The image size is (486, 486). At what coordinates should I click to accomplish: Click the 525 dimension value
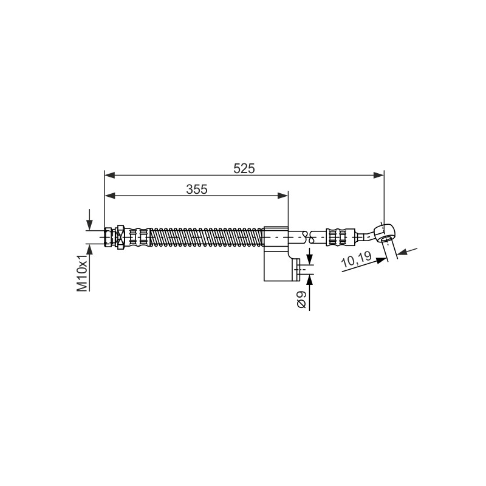(244, 168)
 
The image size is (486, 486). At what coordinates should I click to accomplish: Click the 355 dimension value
(196, 189)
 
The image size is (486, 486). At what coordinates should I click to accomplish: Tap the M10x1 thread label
(82, 274)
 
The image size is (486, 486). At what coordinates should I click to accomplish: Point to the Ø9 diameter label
(301, 299)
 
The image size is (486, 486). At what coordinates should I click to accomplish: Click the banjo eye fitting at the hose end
(384, 233)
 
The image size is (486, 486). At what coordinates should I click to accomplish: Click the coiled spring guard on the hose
(207, 237)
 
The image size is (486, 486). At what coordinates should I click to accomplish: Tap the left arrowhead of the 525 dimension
(110, 176)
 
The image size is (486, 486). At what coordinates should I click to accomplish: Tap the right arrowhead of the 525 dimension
(378, 176)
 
